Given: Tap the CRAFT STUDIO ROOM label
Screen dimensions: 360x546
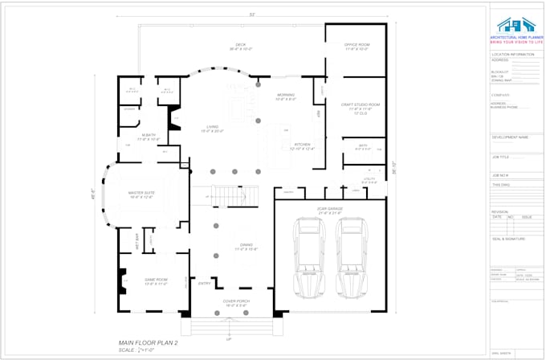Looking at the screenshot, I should (x=360, y=105).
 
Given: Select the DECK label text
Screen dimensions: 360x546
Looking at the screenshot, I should (x=240, y=45).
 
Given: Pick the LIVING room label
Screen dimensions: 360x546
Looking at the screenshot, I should (x=213, y=127).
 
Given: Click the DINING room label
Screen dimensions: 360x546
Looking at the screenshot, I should (x=247, y=246).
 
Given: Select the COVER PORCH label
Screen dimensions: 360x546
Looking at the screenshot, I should (x=236, y=303).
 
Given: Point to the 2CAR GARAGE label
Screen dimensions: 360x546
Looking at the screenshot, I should (x=330, y=209).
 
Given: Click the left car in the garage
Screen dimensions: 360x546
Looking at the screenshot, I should (x=308, y=260).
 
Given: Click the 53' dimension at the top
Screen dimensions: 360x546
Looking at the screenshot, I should (x=251, y=14).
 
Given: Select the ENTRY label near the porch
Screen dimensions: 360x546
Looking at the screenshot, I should (x=205, y=283).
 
